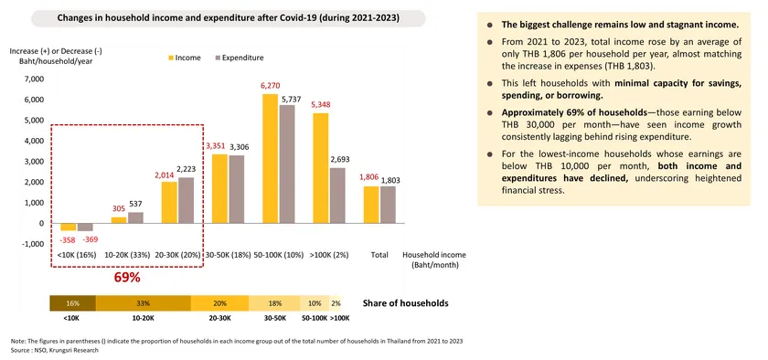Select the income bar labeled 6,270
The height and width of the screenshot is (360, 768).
click(270, 158)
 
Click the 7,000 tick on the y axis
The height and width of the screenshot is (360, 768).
click(32, 79)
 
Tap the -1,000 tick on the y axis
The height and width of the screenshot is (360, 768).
click(30, 244)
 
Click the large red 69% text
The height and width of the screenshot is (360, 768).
click(126, 277)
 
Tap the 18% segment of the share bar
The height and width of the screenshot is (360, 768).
click(273, 302)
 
